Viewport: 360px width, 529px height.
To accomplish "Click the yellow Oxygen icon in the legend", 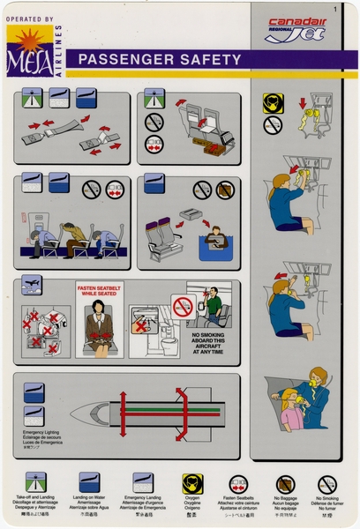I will (192, 484).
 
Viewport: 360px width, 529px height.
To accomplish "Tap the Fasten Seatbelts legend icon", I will (238, 484).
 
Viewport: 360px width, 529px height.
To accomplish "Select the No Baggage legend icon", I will (284, 484).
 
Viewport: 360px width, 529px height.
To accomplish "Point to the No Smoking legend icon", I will (327, 484).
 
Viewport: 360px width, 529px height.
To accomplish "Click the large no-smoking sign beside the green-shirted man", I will (183, 307).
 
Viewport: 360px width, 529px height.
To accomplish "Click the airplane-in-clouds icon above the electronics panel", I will (32, 288).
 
